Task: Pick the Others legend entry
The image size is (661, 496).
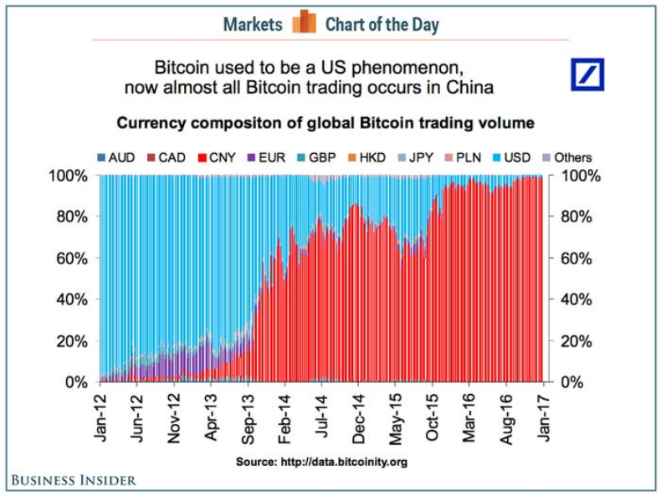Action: tap(566, 157)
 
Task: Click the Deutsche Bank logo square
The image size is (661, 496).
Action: tap(587, 74)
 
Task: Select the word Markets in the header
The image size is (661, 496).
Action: tap(253, 24)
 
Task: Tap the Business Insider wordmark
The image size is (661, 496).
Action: tap(74, 480)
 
